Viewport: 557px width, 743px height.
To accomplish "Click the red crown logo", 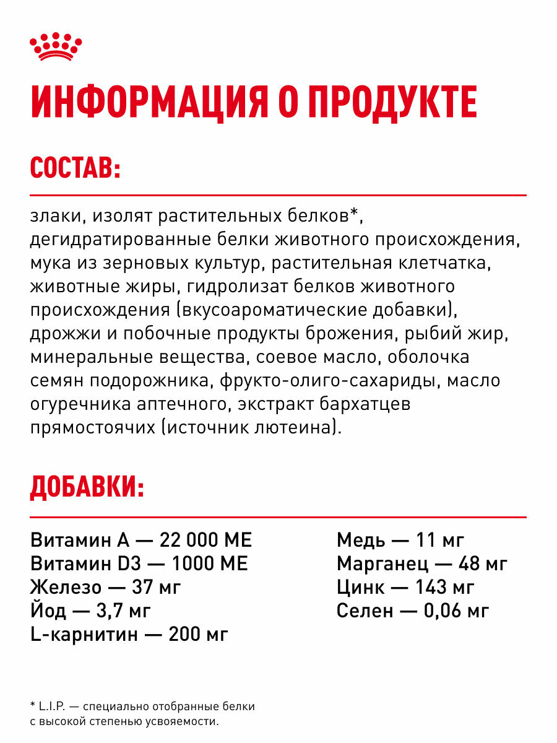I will tap(56, 46).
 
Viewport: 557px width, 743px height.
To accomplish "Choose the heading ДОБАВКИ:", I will tap(87, 488).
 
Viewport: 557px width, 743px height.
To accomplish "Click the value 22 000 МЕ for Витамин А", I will tap(205, 540).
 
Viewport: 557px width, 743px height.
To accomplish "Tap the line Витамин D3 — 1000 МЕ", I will tap(139, 563).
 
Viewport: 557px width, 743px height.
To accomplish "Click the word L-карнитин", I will tap(80, 634).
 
